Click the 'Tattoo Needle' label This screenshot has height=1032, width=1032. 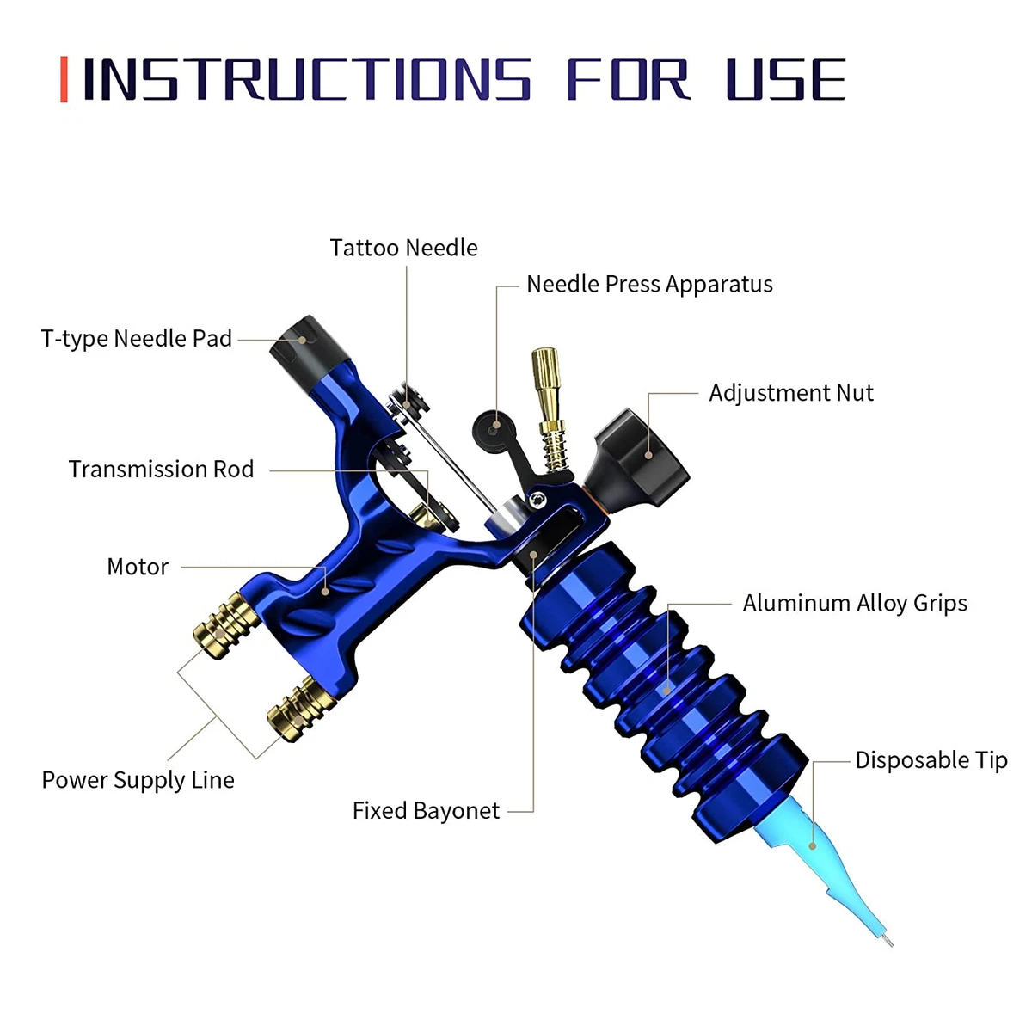coord(403,248)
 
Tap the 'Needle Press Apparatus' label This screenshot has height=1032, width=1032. coord(649,284)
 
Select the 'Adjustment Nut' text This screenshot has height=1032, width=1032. coord(790,393)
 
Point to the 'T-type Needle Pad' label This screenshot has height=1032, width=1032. coord(137,338)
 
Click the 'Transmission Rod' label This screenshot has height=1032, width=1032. coord(161,469)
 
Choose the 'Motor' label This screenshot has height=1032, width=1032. coord(138,567)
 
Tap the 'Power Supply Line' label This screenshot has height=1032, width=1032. coord(138,780)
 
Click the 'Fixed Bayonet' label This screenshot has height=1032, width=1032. coord(426,811)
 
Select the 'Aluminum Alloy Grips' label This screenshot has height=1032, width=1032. coord(855,603)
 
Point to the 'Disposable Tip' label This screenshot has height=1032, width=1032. coord(931,760)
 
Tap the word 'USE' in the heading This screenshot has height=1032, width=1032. coord(785,80)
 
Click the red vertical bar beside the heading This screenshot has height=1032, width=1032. coord(64,80)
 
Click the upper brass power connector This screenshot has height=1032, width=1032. coord(226,624)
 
